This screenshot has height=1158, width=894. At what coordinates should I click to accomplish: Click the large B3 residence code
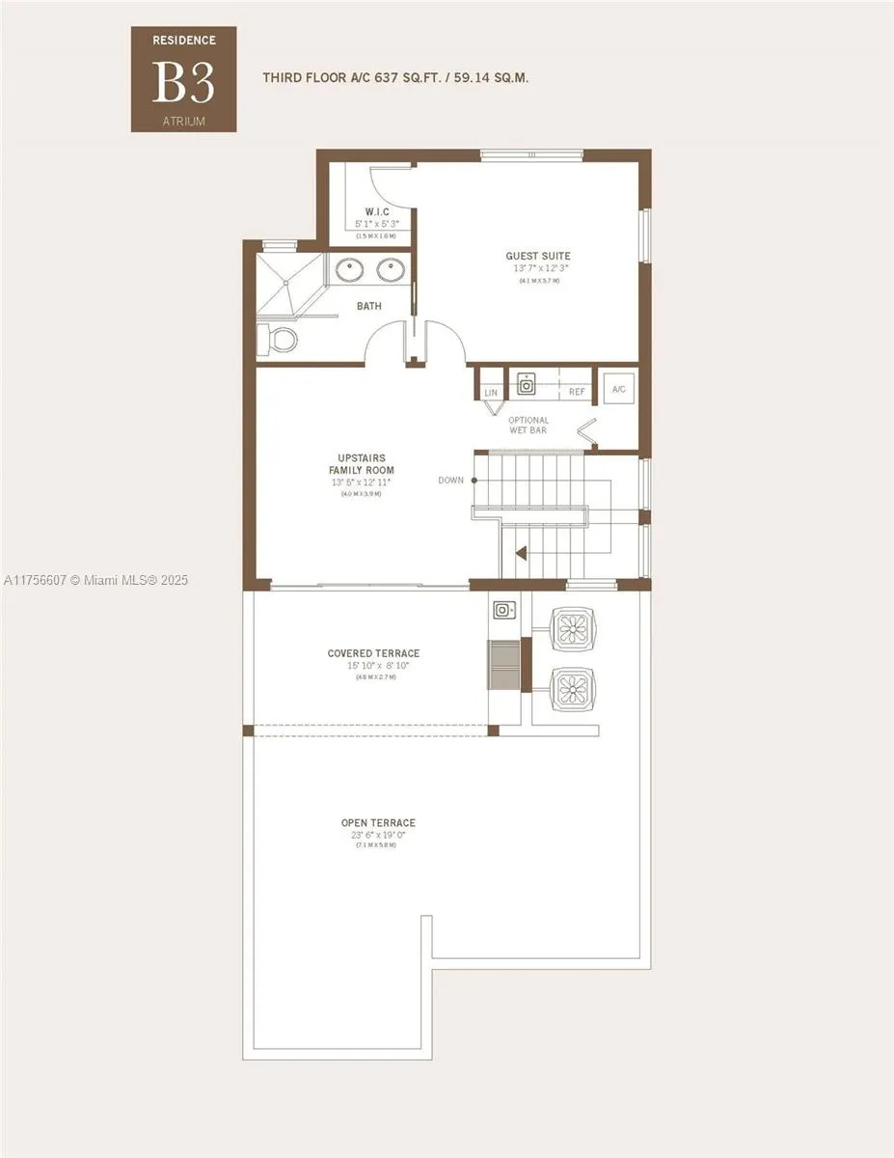183,84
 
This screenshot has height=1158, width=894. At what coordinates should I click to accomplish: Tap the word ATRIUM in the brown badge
183,122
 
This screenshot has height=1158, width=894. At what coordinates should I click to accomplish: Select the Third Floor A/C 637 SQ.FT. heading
395,76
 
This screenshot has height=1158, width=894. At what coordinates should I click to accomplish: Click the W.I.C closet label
376,211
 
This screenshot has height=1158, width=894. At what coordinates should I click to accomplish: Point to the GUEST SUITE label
538,257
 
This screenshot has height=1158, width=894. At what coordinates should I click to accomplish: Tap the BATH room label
369,307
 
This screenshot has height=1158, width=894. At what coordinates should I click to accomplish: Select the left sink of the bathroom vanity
349,270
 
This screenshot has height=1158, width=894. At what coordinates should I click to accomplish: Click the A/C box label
618,389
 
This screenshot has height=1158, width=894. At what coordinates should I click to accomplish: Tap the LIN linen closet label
492,393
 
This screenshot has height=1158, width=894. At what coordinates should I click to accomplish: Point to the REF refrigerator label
577,393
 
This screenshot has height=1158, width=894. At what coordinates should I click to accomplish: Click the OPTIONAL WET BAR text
528,425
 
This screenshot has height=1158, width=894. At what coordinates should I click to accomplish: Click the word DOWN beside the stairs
450,480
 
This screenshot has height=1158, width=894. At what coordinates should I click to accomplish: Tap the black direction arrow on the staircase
521,554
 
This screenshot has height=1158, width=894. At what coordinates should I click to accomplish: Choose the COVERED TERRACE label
373,654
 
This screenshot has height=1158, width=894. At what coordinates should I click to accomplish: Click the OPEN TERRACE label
378,823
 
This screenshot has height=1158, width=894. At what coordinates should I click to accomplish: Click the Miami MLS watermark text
96,580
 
